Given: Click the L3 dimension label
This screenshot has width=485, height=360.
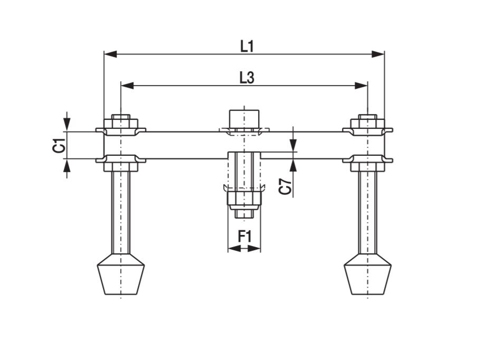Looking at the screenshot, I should pyautogui.click(x=246, y=78).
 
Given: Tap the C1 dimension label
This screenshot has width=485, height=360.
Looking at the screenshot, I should pyautogui.click(x=59, y=145).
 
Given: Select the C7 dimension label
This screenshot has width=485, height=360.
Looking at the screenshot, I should pyautogui.click(x=286, y=187).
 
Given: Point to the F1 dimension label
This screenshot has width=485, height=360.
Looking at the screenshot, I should pyautogui.click(x=244, y=236).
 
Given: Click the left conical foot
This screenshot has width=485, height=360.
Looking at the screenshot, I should pyautogui.click(x=121, y=274).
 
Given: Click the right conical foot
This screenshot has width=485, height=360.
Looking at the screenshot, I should pyautogui.click(x=367, y=274).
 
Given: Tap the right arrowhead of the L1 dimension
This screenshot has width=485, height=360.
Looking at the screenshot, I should pyautogui.click(x=378, y=54).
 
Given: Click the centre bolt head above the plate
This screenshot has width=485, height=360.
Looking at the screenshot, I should pyautogui.click(x=244, y=117).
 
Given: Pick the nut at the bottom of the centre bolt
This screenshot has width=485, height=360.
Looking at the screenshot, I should pyautogui.click(x=244, y=198).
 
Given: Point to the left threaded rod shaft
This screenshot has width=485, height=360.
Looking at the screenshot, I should pyautogui.click(x=121, y=211).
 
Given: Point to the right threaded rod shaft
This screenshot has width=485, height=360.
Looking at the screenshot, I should pyautogui.click(x=367, y=211).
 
